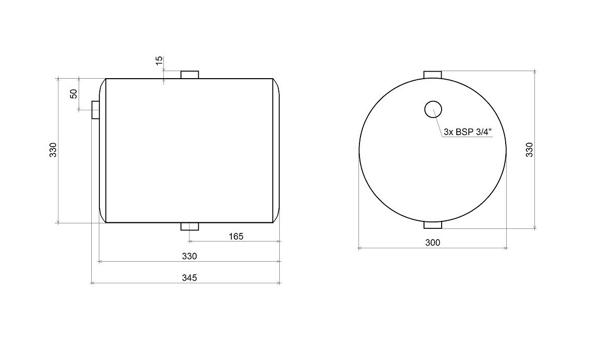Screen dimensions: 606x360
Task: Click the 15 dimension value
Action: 159,61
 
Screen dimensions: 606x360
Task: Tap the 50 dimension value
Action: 74,94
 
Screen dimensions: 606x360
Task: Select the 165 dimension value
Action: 236,236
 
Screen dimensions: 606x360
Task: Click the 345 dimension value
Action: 190,278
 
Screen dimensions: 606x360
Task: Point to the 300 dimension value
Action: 433,243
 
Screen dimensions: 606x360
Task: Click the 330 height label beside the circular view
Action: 529,150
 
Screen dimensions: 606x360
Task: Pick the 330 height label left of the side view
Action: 53,150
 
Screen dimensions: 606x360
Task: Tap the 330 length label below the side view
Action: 190,256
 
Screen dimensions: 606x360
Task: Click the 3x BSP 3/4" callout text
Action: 467,132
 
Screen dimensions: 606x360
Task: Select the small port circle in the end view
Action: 433,101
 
